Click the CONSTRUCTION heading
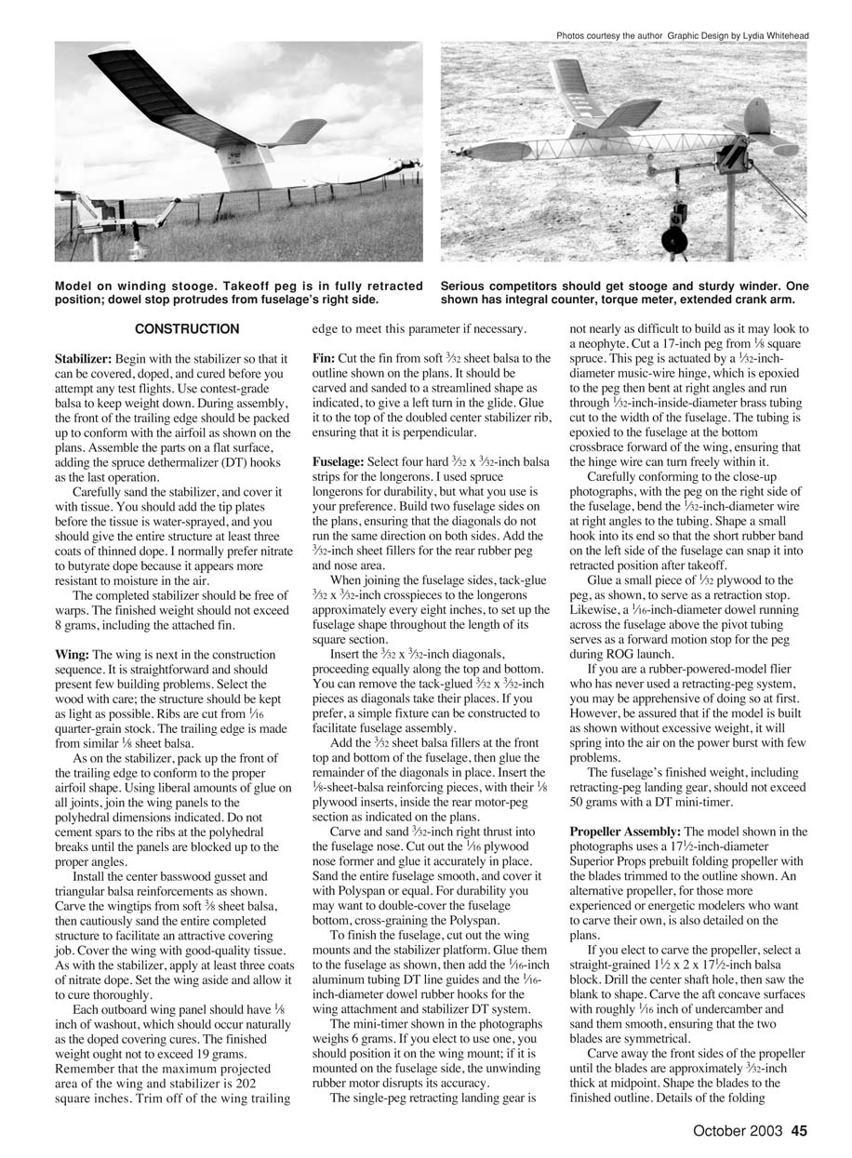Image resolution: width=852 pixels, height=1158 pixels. tap(187, 329)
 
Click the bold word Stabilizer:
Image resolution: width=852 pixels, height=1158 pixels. tap(83, 358)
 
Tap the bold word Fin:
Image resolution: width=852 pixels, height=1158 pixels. tap(324, 358)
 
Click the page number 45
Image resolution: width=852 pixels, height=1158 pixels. tap(800, 1132)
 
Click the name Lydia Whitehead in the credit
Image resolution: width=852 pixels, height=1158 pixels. tap(776, 35)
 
